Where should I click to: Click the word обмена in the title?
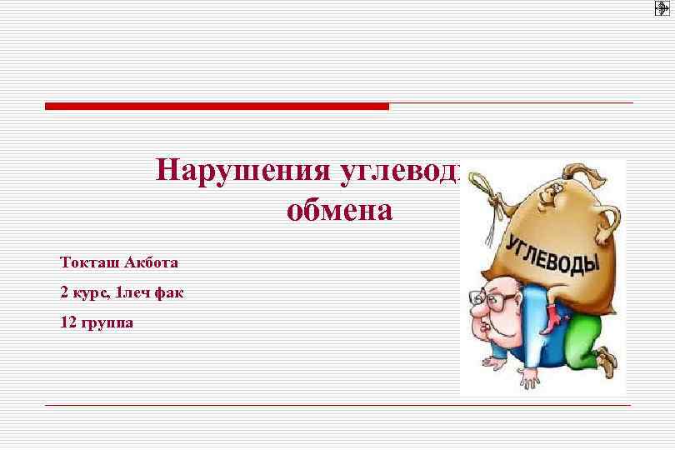pyautogui.click(x=338, y=210)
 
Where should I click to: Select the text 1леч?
pyautogui.click(x=132, y=293)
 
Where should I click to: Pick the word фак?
pyautogui.click(x=169, y=293)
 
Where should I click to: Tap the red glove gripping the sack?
pyautogui.click(x=551, y=317)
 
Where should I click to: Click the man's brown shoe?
pyautogui.click(x=607, y=360)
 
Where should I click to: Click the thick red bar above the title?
pyautogui.click(x=217, y=107)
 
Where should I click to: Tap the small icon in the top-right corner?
pyautogui.click(x=662, y=8)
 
